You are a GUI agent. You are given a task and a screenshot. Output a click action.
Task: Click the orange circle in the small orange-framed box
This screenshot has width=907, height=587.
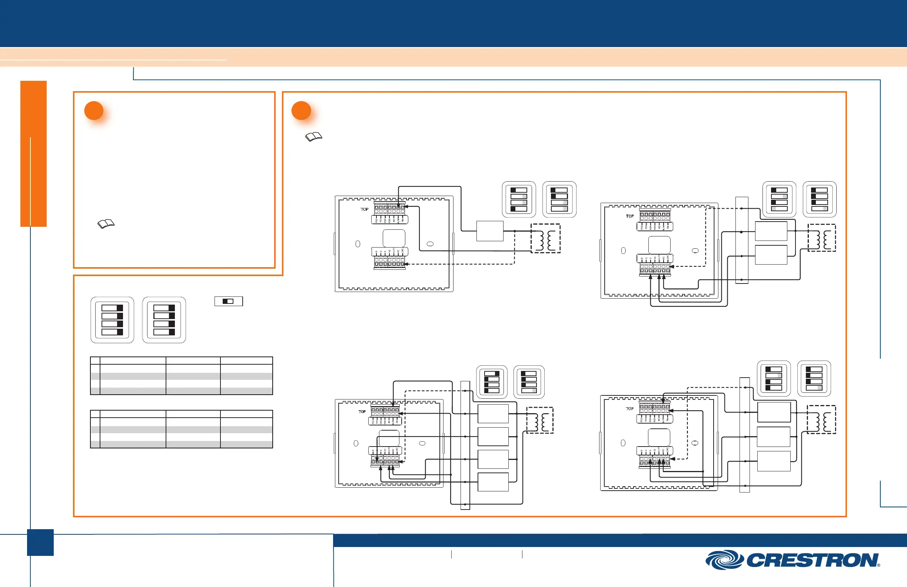tap(94, 110)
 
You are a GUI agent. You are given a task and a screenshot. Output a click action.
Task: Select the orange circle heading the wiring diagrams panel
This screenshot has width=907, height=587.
tap(301, 110)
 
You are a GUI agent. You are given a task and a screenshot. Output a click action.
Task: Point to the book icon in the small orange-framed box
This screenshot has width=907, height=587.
tap(106, 224)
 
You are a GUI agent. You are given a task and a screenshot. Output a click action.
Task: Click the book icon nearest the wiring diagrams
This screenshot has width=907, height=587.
tap(314, 137)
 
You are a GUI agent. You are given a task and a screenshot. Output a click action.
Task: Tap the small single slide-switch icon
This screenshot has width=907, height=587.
tap(228, 302)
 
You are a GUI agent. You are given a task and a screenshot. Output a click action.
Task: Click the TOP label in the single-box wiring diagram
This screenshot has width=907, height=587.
tap(364, 209)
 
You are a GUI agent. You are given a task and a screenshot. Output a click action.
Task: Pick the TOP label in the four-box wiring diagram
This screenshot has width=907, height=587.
tap(362, 412)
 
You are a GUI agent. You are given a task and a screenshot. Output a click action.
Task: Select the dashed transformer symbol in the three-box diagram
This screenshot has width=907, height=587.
tap(821, 419)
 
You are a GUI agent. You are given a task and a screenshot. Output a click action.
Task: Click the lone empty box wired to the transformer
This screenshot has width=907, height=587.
tap(490, 231)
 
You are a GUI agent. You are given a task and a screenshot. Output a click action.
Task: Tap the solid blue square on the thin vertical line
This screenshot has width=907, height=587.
tap(40, 543)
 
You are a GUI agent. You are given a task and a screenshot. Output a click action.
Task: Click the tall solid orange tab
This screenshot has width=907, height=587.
tap(34, 154)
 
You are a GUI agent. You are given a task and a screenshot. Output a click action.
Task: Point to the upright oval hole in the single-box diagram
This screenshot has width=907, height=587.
tap(358, 244)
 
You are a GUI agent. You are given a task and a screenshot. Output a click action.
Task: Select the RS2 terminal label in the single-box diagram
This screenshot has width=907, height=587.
tap(376, 220)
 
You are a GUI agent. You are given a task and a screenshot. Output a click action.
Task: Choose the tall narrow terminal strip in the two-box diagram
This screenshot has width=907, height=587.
tap(741, 240)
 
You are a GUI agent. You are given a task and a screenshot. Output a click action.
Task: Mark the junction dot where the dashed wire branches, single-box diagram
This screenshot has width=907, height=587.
tap(515, 231)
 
